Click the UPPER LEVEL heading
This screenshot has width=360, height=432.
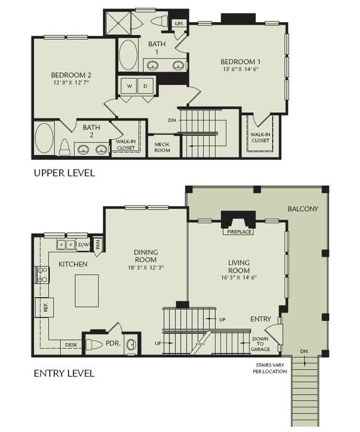(64, 173)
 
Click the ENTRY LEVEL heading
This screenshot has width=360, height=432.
(64, 373)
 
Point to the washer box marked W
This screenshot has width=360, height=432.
(129, 86)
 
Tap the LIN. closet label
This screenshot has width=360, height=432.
(179, 23)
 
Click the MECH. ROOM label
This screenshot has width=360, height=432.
(163, 146)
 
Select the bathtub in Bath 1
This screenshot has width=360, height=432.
(128, 55)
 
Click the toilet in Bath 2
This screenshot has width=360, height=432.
(64, 147)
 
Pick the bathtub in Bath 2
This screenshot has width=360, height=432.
(44, 138)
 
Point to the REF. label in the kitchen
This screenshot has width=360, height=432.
(46, 305)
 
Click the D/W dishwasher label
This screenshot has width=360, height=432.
(83, 244)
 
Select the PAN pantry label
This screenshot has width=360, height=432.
(97, 244)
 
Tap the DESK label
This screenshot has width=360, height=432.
(71, 345)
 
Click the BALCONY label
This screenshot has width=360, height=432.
(303, 209)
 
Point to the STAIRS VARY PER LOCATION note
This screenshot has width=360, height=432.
(271, 369)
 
